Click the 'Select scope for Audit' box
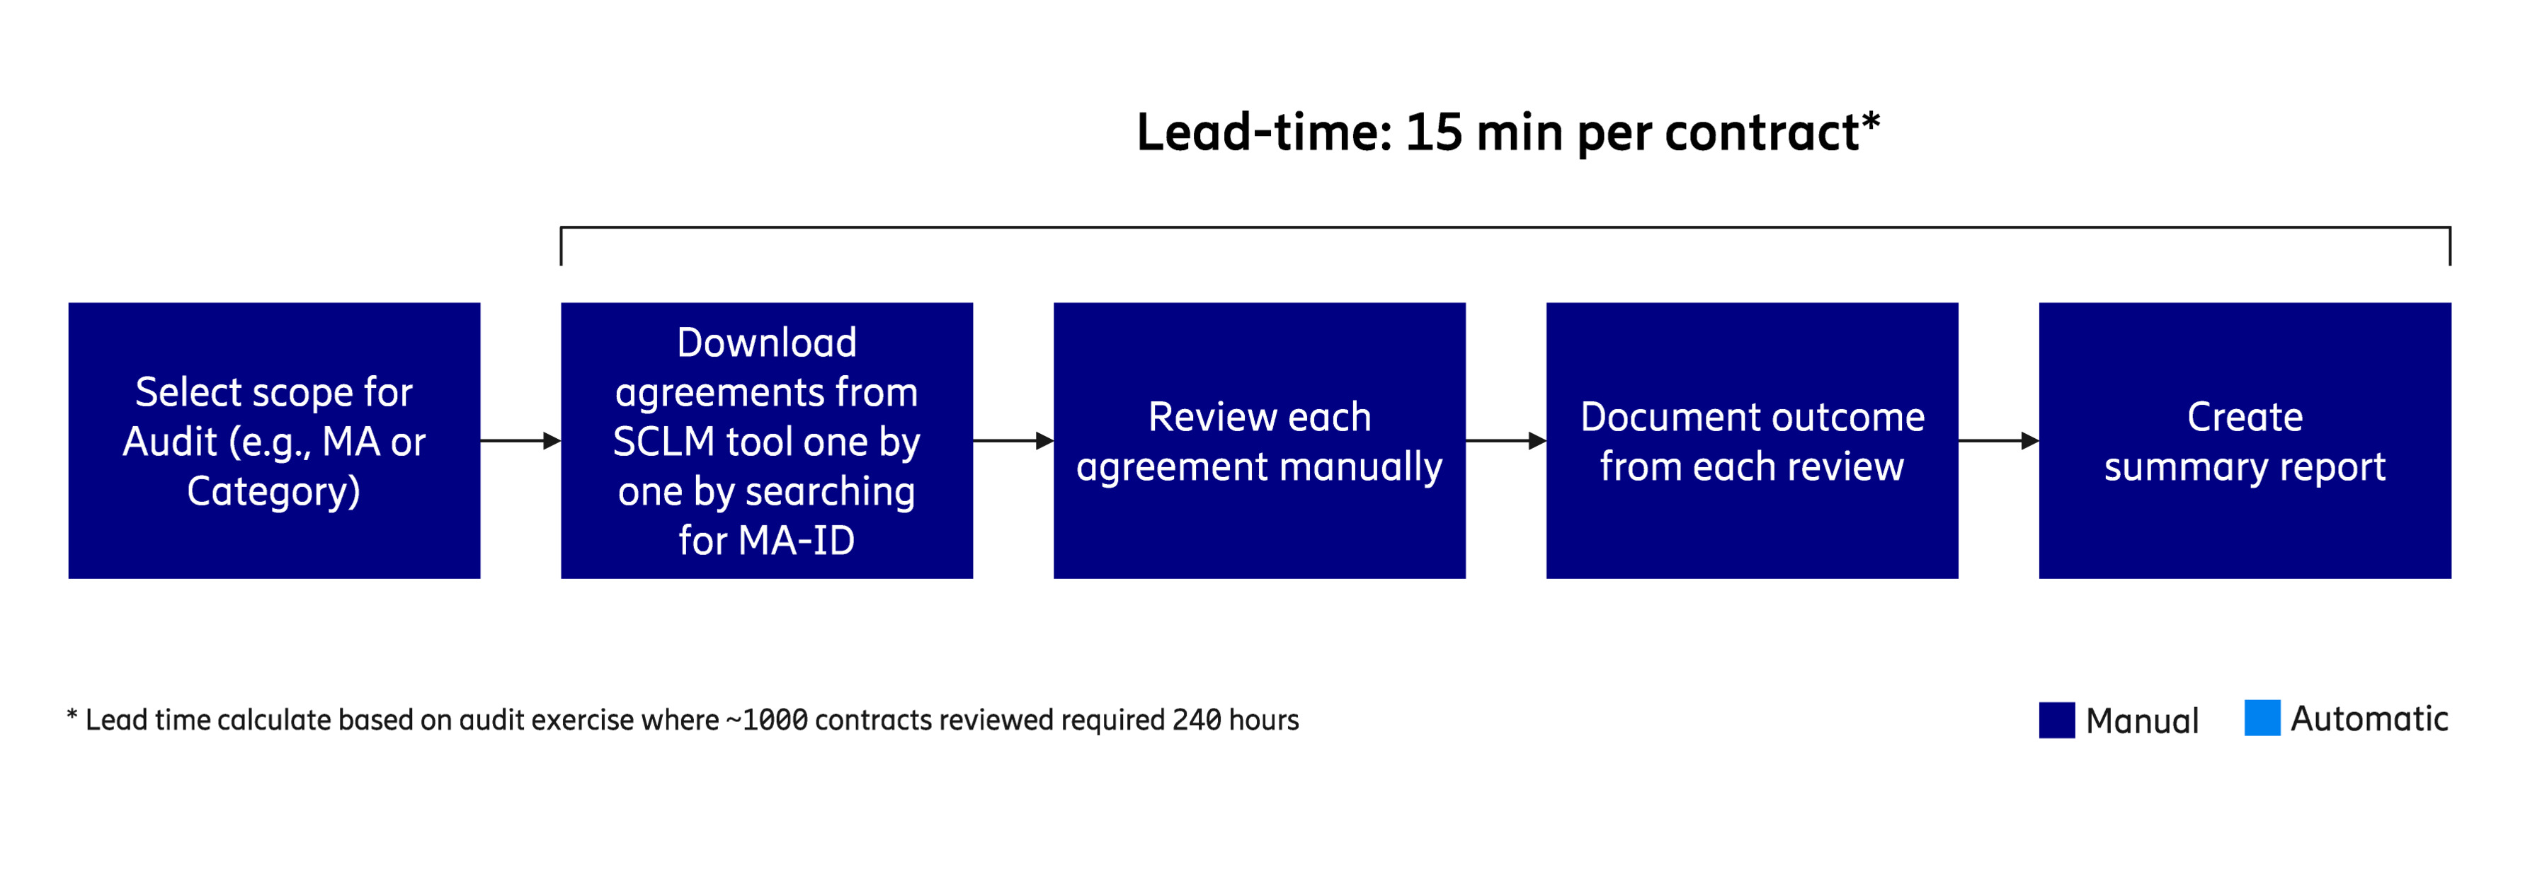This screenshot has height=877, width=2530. click(x=274, y=440)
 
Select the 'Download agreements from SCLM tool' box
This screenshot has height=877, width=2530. click(x=766, y=440)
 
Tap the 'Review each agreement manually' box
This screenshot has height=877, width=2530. click(x=1259, y=440)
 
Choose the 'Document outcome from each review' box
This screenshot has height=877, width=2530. click(x=1751, y=440)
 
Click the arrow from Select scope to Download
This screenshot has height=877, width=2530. click(x=520, y=441)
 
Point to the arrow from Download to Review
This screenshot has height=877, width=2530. click(x=1013, y=441)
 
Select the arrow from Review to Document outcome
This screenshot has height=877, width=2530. click(x=1505, y=441)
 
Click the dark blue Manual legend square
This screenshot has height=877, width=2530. click(x=2056, y=720)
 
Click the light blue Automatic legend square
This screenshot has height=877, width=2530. click(x=2262, y=718)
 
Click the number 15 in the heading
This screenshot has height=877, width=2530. click(x=1433, y=132)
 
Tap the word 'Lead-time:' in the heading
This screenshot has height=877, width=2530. click(x=1264, y=132)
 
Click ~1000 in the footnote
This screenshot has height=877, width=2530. click(x=766, y=721)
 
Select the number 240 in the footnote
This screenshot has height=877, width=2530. click(x=1196, y=721)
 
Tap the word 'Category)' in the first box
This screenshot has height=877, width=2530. click(x=274, y=491)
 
